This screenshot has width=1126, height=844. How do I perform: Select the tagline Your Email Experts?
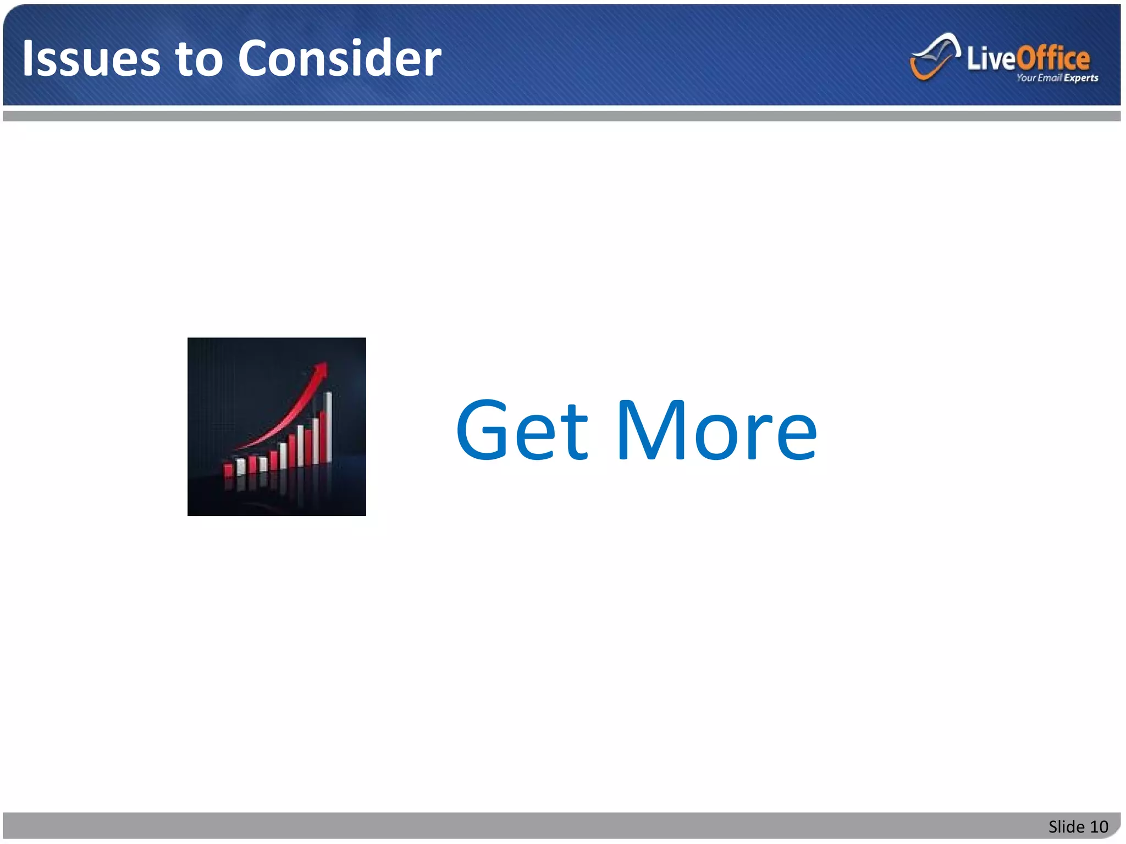coord(1057,78)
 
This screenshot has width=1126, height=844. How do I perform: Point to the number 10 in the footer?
coord(1099,826)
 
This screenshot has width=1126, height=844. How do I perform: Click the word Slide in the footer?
coord(1066,826)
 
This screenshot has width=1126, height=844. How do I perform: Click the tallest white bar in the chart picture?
coord(329,426)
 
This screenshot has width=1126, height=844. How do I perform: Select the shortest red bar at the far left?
coord(228,470)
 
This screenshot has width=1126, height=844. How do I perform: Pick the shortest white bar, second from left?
coord(240,467)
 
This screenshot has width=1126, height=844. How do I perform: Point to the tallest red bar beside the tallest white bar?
coord(322,436)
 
